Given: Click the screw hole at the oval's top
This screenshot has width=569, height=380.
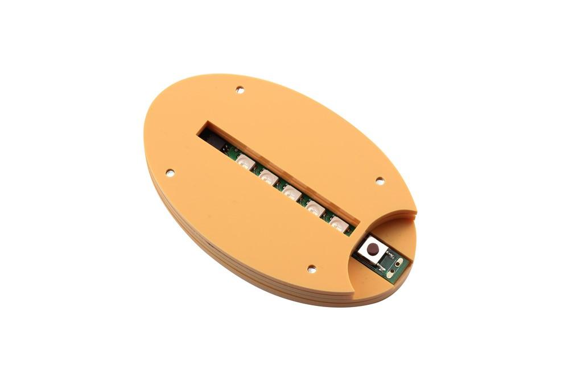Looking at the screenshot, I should click(x=240, y=90).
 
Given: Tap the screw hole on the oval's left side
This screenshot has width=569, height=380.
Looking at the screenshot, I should click(x=169, y=171).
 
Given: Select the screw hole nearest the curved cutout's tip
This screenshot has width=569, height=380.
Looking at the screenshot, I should click(x=380, y=181).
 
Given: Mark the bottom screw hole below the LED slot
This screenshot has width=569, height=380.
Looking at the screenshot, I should click(x=311, y=268).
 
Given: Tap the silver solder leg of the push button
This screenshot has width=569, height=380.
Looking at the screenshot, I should click(x=381, y=267).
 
